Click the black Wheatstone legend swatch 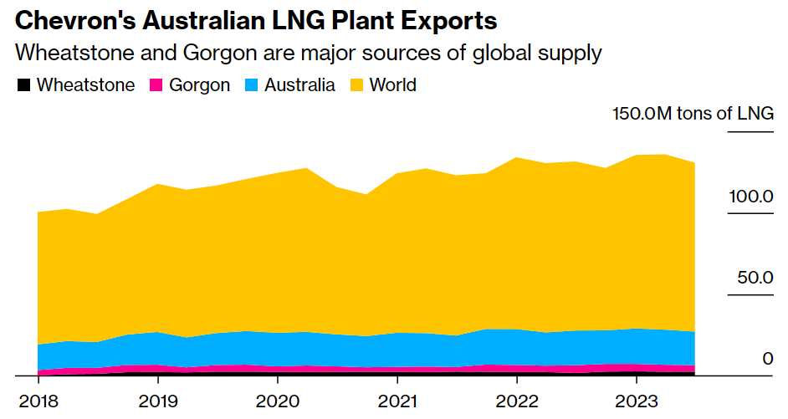pos(24,84)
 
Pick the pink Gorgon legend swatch pos(156,84)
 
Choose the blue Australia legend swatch pos(252,84)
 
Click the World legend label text pos(392,84)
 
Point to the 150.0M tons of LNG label pos(693,114)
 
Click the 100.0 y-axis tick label pos(750,197)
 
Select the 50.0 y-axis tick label pos(755,278)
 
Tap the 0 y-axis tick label pos(767,359)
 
